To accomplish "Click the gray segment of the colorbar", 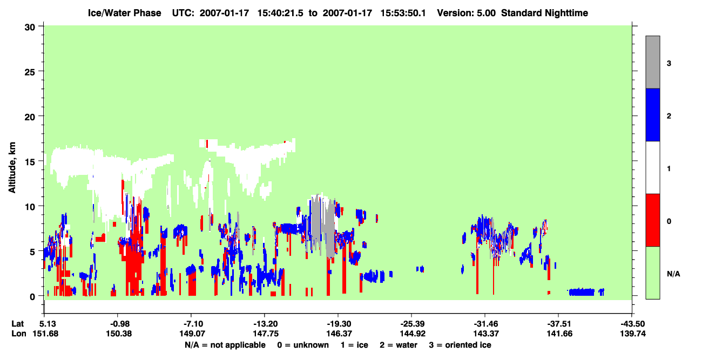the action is (652, 62).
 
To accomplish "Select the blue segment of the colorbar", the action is (652, 114).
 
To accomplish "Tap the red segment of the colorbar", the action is (652, 220).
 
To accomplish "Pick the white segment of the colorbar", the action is (652, 168).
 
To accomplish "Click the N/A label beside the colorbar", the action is (673, 274).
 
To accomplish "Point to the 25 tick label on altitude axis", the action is (30, 72).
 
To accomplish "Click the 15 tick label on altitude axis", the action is (30, 162).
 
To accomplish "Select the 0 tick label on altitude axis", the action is (32, 297).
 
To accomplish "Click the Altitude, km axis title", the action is (12, 168).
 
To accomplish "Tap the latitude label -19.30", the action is (339, 324).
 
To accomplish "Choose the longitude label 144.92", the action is (413, 334).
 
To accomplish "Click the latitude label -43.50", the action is (633, 324).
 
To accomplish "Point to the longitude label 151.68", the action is (45, 334).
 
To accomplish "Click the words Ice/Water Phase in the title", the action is (124, 13).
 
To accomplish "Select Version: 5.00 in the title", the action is (467, 13).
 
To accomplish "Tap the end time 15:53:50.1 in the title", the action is (403, 13).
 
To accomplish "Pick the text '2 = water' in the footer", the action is (399, 345).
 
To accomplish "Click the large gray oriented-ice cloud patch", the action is (323, 225).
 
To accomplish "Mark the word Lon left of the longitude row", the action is (19, 334).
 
